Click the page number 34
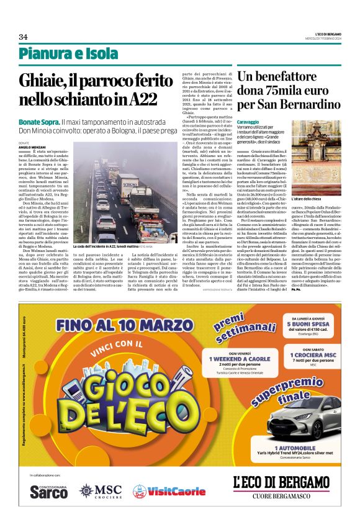point(23,37)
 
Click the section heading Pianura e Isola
point(68,55)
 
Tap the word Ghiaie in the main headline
point(43,81)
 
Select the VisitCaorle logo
point(169,491)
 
